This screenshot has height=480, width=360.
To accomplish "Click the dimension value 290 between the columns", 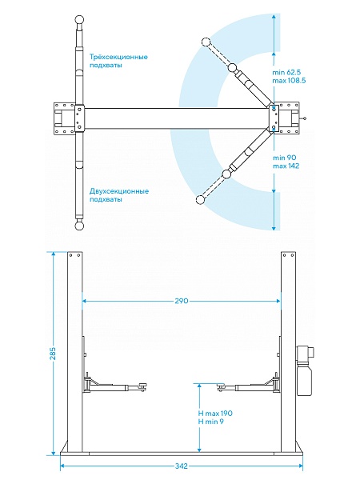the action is pyautogui.click(x=182, y=301).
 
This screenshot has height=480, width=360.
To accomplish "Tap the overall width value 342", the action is pyautogui.click(x=182, y=466).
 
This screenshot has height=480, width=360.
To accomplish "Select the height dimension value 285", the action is pyautogui.click(x=54, y=354).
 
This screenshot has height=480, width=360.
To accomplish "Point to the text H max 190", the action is pyautogui.click(x=215, y=414).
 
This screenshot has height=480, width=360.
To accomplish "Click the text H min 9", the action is pyautogui.click(x=211, y=422).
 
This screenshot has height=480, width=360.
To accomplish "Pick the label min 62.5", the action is pyautogui.click(x=286, y=73).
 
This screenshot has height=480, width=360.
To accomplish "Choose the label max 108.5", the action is pyautogui.click(x=289, y=81).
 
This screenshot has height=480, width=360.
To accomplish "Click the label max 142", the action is pyautogui.click(x=286, y=166).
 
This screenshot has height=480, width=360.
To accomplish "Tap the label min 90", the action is pyautogui.click(x=284, y=158).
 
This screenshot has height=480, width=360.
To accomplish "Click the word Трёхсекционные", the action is pyautogui.click(x=118, y=57).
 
